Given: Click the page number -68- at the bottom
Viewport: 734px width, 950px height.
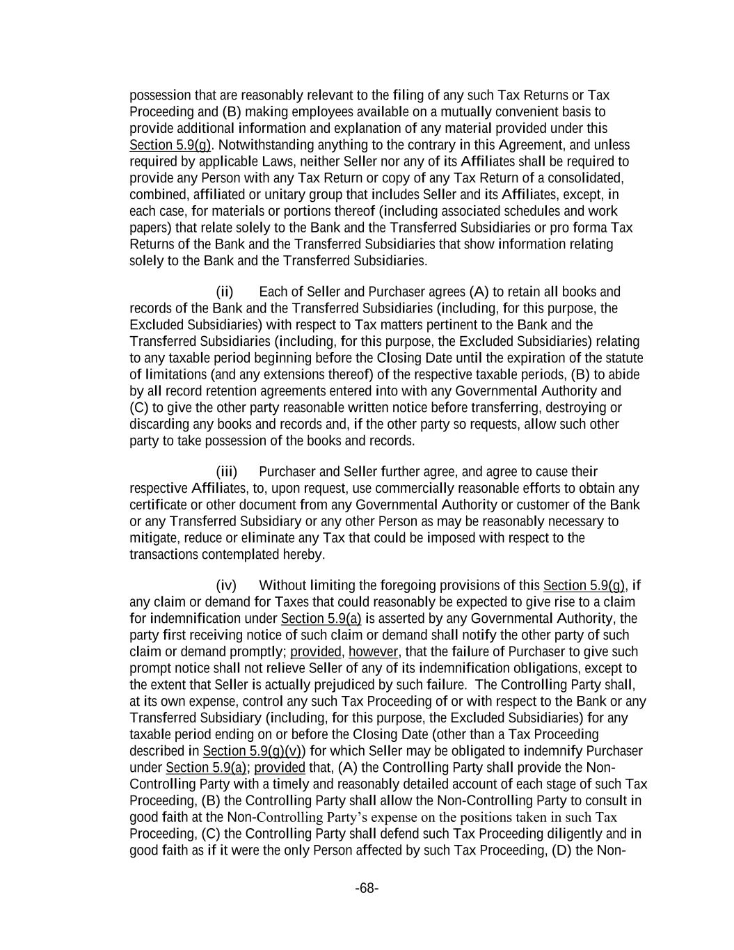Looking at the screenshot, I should (x=367, y=888).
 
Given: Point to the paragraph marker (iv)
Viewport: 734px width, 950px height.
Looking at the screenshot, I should (x=226, y=585).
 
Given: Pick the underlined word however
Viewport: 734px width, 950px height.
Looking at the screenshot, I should (x=373, y=652).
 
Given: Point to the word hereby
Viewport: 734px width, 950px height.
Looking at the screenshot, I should (x=307, y=555).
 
